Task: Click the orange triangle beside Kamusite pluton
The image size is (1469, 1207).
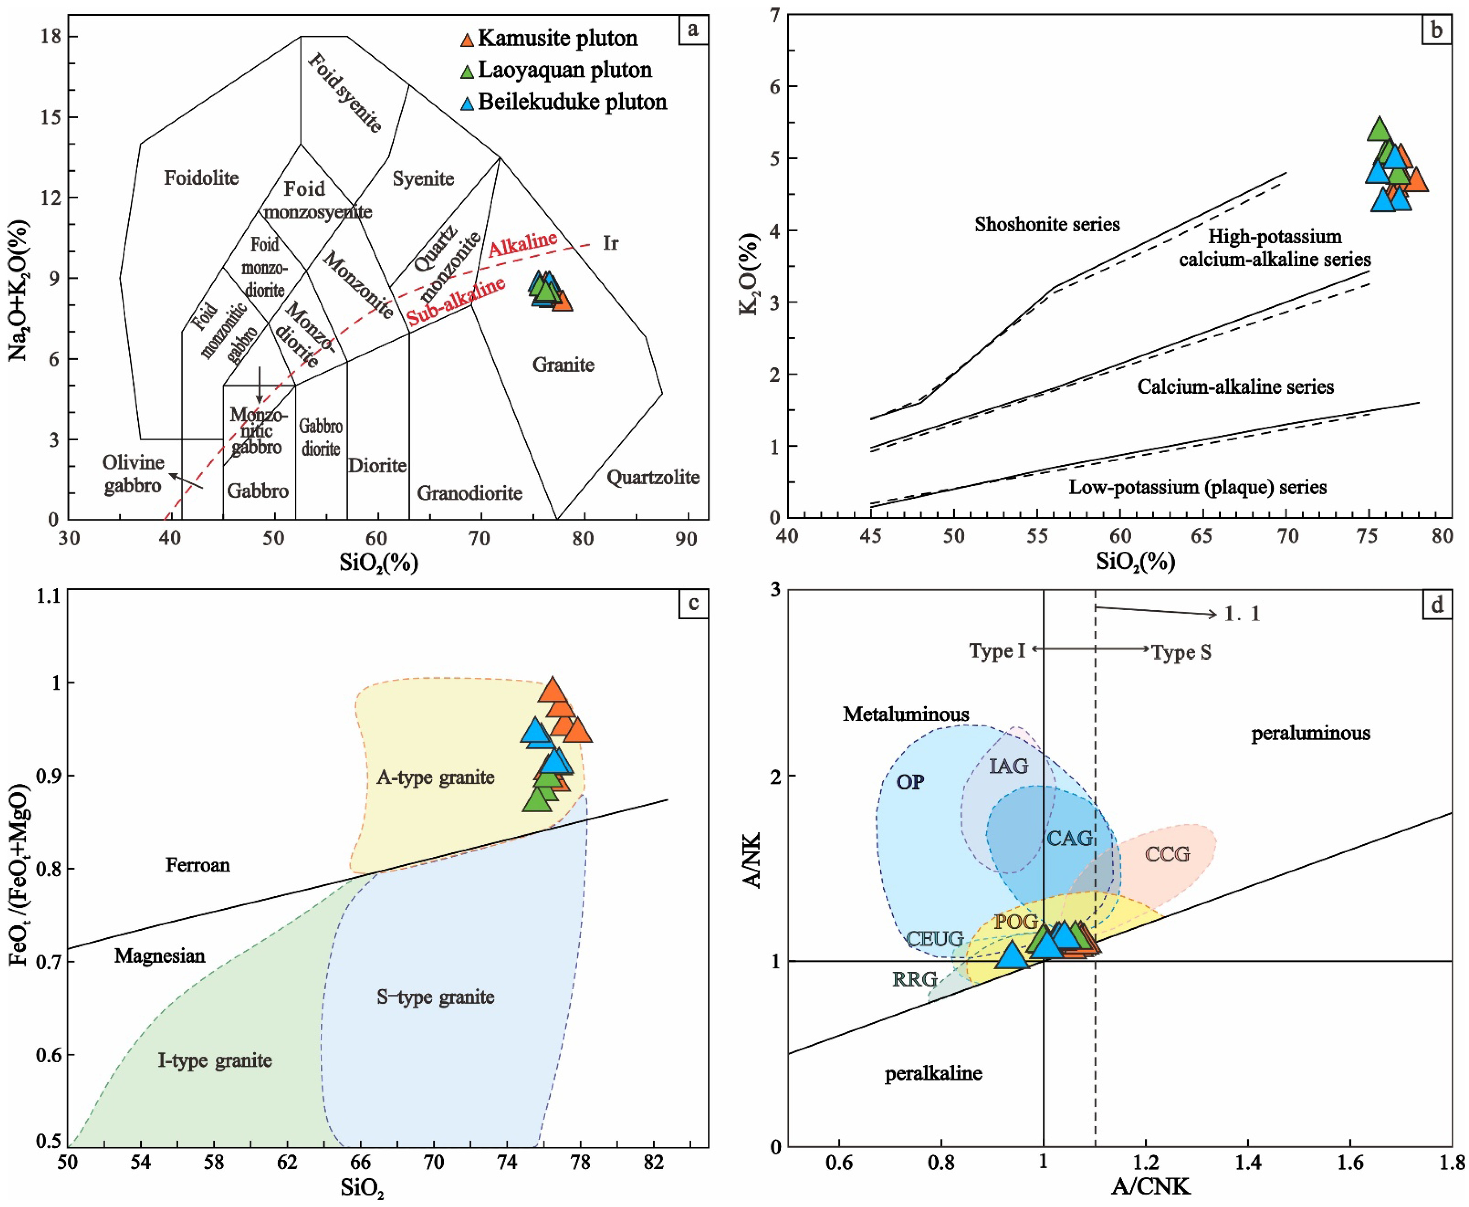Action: (467, 39)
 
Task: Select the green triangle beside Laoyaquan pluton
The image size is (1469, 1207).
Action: (467, 71)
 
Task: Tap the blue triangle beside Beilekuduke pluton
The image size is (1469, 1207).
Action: (467, 103)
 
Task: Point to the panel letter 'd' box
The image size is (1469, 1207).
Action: (1436, 604)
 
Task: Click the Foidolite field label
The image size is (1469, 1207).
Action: (201, 178)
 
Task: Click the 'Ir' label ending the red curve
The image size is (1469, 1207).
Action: (610, 243)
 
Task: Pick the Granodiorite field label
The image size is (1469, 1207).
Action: (469, 493)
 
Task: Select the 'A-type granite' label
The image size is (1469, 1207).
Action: (436, 777)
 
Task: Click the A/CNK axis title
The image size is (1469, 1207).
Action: (1151, 1186)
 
